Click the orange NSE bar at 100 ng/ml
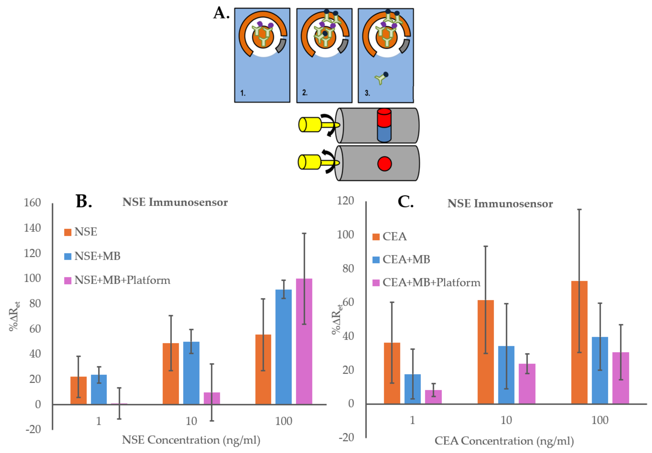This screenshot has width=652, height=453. point(263,369)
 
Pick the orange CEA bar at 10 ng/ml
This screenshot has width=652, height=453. point(485,352)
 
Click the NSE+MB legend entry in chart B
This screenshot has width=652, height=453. point(92,256)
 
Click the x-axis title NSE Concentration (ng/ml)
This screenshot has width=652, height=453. point(191,440)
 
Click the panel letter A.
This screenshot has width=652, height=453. point(221,13)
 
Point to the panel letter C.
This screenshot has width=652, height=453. point(405,202)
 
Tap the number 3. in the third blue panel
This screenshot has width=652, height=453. point(367,93)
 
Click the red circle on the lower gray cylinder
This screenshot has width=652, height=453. point(384,164)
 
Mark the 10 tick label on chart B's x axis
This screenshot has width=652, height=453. point(191,421)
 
